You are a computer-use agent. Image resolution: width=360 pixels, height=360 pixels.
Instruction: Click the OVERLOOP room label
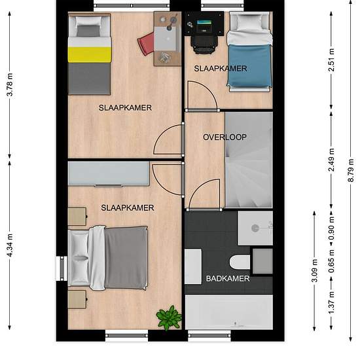(x=225, y=137)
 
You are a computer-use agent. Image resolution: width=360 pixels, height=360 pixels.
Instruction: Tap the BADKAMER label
(x=228, y=278)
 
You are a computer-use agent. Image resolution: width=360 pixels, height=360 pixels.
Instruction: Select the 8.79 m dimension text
(x=351, y=170)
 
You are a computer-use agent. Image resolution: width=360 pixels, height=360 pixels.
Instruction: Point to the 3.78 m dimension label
(x=10, y=84)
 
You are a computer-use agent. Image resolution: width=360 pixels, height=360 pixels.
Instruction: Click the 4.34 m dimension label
(x=10, y=245)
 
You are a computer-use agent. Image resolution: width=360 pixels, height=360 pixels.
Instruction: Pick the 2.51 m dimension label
(x=331, y=60)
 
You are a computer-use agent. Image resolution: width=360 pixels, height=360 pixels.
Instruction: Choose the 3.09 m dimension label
(x=314, y=270)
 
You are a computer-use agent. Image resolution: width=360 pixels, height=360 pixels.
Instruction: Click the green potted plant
(x=169, y=318)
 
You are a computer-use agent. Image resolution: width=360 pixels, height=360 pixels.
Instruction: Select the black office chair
(x=204, y=45)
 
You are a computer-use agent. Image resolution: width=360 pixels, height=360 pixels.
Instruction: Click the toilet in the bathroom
(x=240, y=262)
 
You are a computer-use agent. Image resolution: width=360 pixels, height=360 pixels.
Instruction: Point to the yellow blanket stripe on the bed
(x=90, y=54)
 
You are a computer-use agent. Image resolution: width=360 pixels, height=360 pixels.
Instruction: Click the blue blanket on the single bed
(x=249, y=65)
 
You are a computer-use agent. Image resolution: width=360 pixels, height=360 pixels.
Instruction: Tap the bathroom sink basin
(x=255, y=228)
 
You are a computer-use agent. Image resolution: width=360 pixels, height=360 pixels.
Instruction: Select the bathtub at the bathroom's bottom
(x=229, y=312)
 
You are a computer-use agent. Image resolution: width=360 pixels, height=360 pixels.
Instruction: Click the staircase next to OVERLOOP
(x=249, y=160)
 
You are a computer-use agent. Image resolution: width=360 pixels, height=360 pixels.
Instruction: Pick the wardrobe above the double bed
(x=109, y=173)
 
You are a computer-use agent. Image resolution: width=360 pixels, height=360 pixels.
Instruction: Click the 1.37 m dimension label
(x=331, y=302)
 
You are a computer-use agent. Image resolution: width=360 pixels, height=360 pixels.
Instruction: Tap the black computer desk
(x=204, y=24)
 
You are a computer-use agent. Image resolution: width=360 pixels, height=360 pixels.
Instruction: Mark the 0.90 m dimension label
(x=331, y=228)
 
